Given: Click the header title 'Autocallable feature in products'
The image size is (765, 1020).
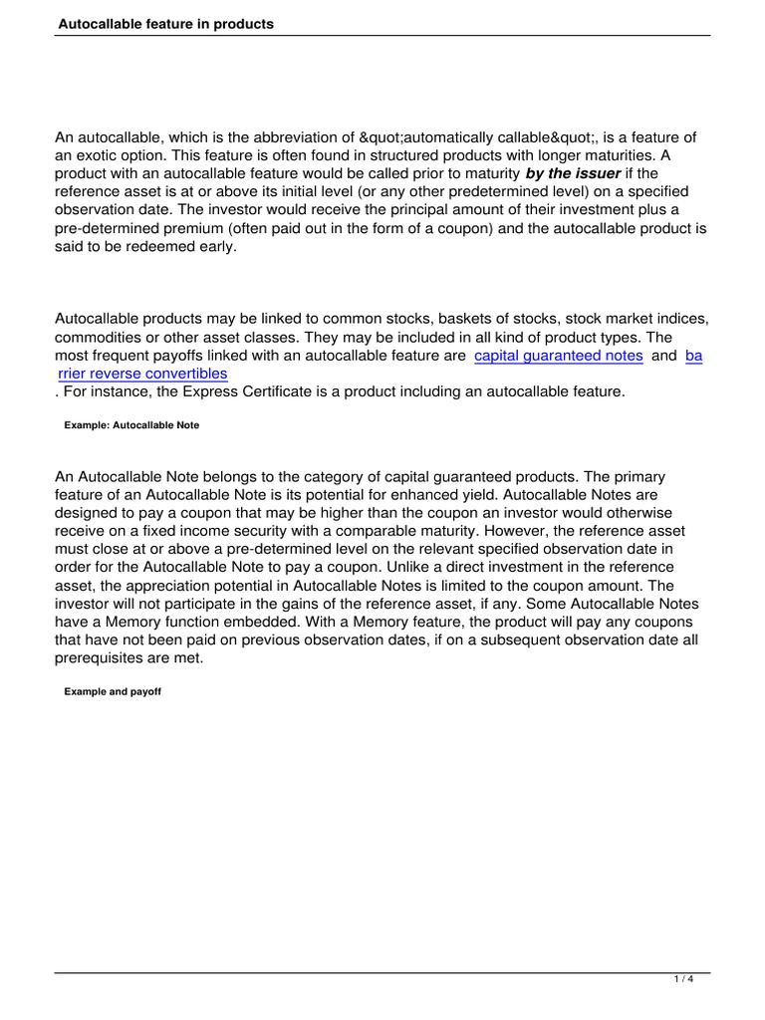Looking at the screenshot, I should [164, 23].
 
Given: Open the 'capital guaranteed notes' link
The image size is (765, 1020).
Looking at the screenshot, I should [558, 356].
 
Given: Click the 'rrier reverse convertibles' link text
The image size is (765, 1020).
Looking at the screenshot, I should [143, 374].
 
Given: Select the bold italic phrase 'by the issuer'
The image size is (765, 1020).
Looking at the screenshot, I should [573, 173].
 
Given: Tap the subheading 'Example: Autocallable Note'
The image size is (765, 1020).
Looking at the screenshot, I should [131, 425].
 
